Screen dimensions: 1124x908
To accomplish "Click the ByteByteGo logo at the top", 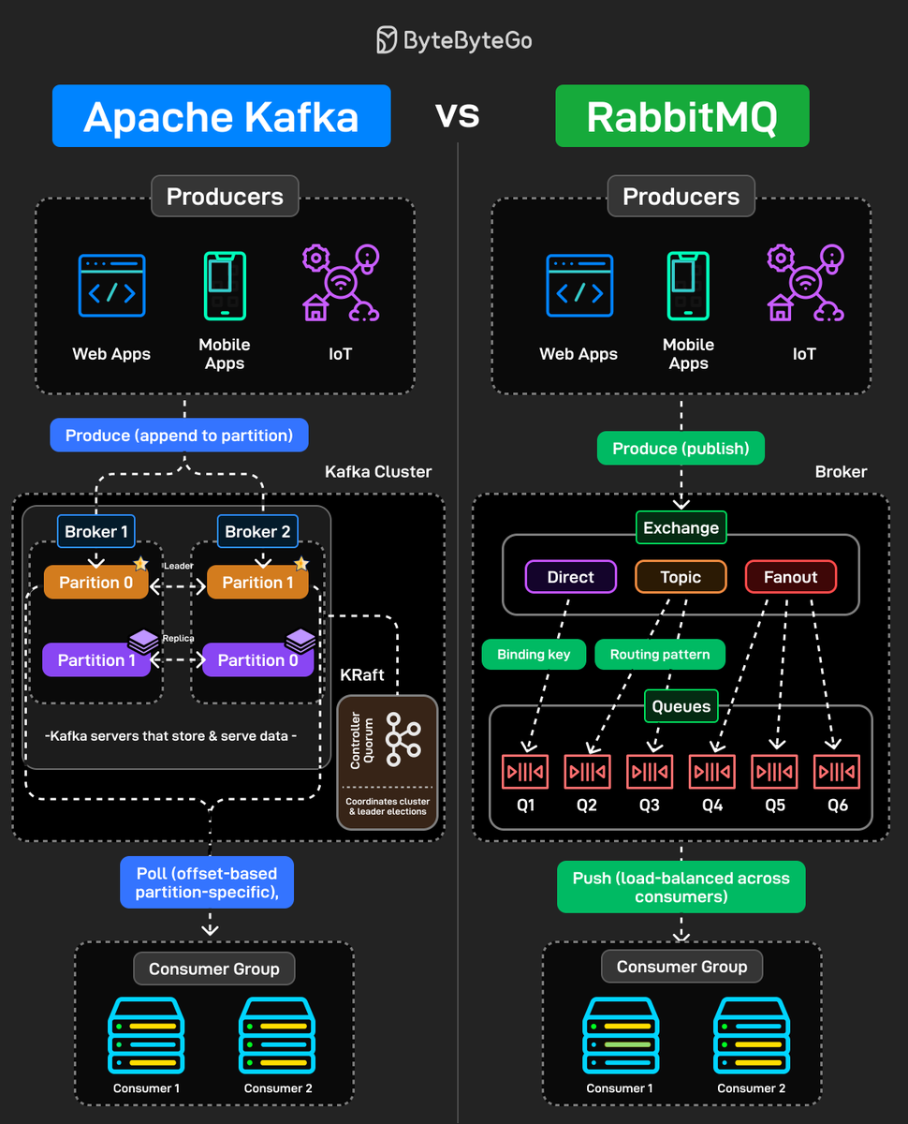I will [454, 40].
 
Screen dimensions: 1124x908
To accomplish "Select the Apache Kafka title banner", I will [221, 116].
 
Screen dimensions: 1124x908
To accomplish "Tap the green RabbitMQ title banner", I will [681, 116].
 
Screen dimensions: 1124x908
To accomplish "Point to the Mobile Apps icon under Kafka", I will [225, 287].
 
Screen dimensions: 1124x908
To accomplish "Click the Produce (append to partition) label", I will [179, 435].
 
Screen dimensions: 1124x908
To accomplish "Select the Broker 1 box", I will [96, 531].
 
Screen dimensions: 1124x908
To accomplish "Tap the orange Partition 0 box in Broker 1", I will [96, 582].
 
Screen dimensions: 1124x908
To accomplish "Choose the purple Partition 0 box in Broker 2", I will [257, 659].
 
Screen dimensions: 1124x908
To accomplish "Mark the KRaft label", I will [361, 674].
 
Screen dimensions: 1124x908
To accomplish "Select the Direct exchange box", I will [571, 577].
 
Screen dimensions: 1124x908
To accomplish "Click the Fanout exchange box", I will [790, 577].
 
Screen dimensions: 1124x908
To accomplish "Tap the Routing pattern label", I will [660, 654].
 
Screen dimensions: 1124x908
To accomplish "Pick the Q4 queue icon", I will [712, 772].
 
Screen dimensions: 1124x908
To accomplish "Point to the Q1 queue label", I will [525, 805].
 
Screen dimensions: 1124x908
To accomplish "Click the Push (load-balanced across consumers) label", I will [681, 887].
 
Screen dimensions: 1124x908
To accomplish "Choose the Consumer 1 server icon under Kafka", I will [147, 1035].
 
